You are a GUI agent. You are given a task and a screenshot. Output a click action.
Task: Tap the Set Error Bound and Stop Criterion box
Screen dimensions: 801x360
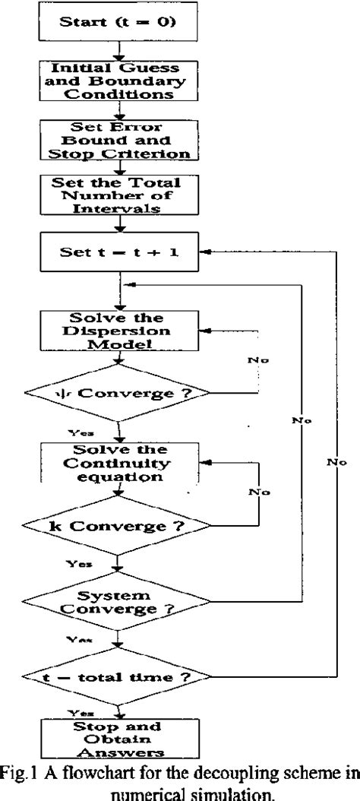(x=117, y=140)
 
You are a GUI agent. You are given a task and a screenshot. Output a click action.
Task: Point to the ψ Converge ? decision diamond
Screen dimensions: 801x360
(x=117, y=393)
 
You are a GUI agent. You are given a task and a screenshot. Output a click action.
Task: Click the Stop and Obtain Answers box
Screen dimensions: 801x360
(x=117, y=739)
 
